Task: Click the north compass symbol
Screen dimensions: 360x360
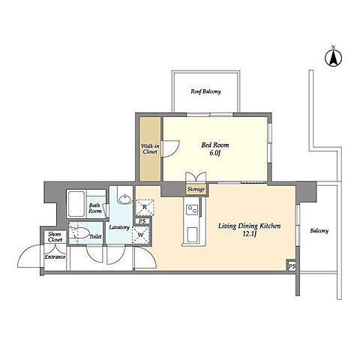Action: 333,58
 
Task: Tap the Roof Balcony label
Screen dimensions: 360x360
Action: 205,91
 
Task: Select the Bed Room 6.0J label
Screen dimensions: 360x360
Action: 215,148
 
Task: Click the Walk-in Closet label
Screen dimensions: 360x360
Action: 150,148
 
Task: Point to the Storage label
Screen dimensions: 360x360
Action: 196,189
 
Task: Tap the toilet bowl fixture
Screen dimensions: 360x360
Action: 80,232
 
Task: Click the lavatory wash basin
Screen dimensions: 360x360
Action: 124,199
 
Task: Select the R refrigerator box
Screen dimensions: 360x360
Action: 145,207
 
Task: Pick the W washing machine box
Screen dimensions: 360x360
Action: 141,235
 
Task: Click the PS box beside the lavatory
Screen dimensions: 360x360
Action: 142,221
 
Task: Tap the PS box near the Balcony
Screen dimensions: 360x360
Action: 292,266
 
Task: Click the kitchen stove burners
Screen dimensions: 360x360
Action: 193,208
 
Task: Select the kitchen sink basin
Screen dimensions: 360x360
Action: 193,235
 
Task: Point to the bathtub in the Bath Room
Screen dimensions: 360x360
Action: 76,204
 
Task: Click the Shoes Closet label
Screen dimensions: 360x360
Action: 55,237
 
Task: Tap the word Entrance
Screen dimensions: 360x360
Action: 55,256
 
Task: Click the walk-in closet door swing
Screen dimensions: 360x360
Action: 170,148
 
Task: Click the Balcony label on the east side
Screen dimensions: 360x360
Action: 319,231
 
